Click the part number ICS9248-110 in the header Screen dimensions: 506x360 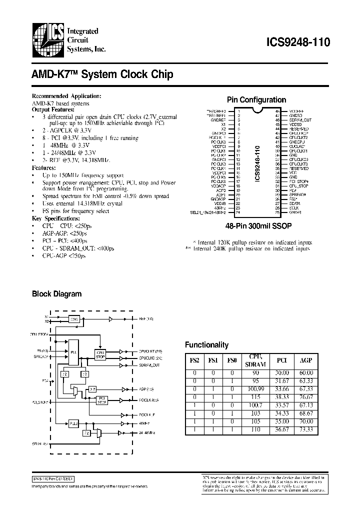(302, 43)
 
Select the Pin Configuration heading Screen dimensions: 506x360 (256, 99)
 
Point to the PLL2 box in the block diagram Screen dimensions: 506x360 (73, 423)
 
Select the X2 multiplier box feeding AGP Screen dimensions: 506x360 (92, 389)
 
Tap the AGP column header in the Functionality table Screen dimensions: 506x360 (306, 359)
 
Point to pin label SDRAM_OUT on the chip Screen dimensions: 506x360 (300, 120)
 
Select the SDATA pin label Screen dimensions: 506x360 (294, 203)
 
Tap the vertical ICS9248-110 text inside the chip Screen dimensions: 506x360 (257, 163)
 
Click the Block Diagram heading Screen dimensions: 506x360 (56, 294)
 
